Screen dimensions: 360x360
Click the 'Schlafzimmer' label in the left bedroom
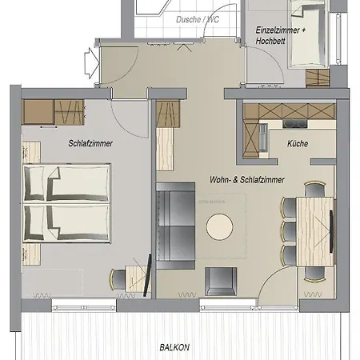[90, 144]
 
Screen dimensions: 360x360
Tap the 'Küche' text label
[298, 144]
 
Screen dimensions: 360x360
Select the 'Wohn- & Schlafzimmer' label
[247, 180]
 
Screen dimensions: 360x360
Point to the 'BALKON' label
[174, 347]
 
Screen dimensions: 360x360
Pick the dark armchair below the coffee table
[222, 282]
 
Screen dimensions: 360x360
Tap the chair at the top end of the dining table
[314, 190]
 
